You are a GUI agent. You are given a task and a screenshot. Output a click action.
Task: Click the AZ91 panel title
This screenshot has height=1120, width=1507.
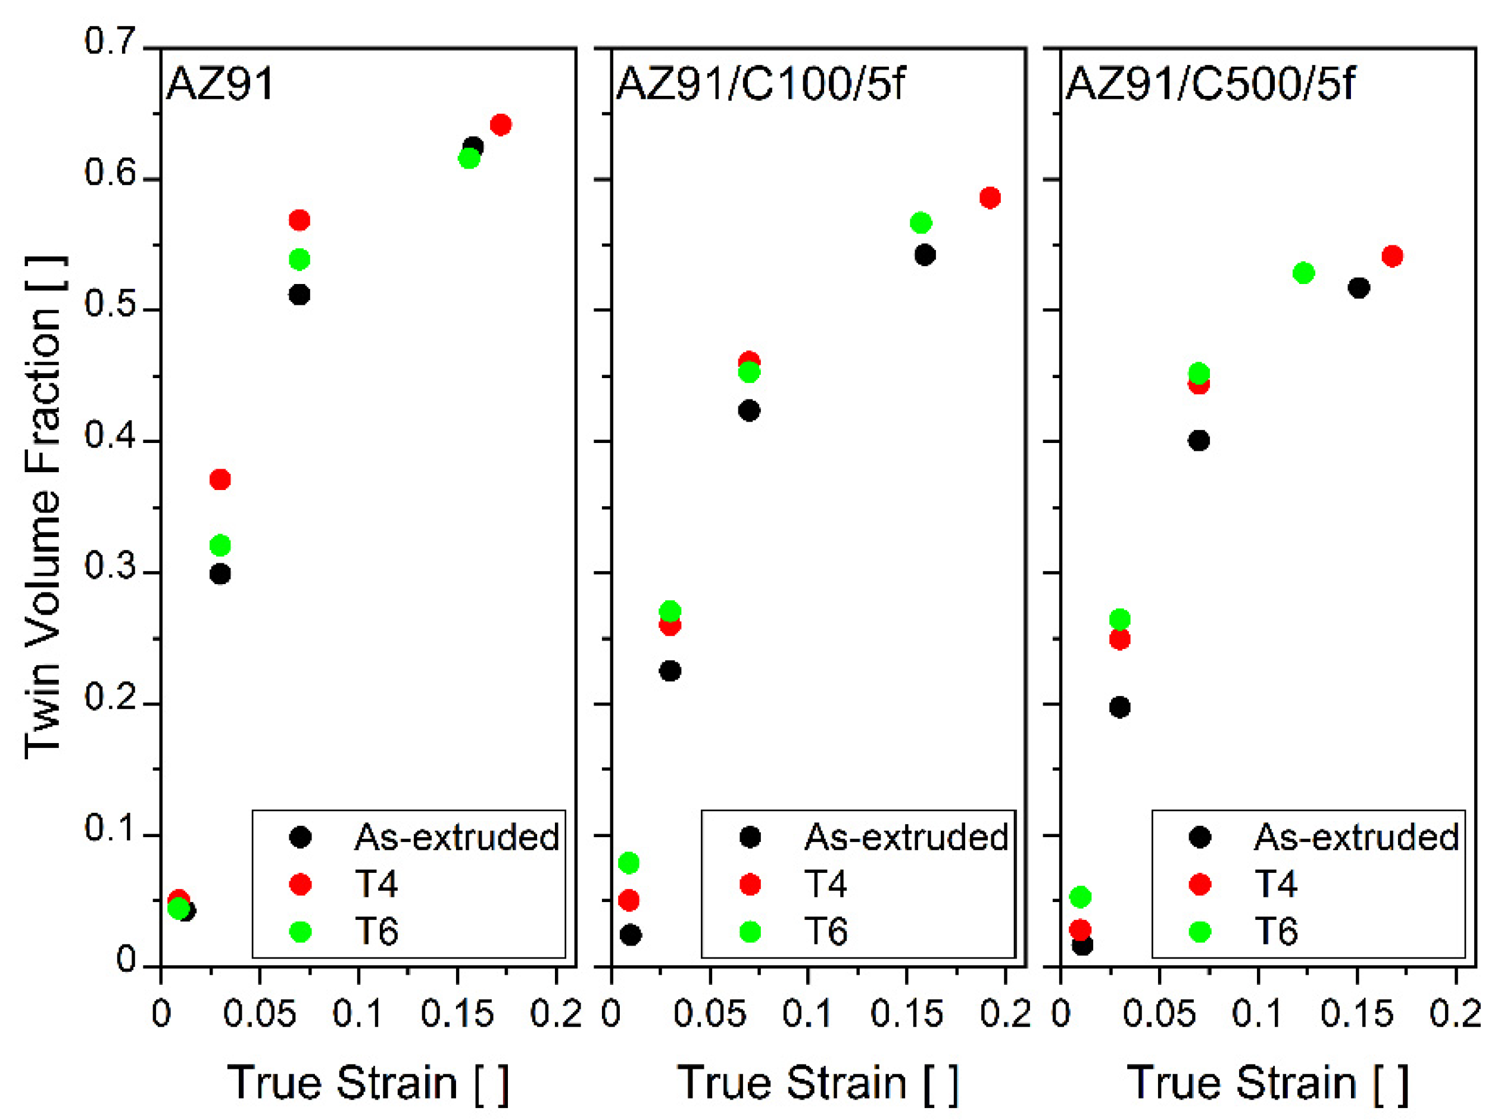pos(219,84)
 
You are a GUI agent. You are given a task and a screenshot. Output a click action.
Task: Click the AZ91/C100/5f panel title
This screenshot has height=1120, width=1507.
pos(760,84)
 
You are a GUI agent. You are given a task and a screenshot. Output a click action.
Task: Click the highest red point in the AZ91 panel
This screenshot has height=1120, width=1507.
pos(500,125)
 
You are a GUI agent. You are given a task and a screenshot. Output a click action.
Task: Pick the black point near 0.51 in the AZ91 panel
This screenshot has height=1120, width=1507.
pos(299,295)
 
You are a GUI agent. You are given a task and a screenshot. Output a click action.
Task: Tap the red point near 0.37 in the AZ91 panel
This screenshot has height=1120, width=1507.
pos(220,480)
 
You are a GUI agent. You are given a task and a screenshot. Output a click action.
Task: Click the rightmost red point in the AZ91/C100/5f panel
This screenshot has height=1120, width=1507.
pos(990,198)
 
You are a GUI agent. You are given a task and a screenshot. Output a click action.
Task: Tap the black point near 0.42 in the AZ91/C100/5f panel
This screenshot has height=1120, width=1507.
pos(748,411)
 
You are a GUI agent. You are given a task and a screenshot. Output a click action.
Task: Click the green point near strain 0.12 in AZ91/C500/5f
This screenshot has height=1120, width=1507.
pos(1303,273)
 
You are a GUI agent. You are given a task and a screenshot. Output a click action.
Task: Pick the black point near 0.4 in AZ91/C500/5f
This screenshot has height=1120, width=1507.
pos(1199,441)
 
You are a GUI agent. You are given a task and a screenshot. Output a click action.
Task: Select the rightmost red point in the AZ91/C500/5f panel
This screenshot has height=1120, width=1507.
pos(1391,256)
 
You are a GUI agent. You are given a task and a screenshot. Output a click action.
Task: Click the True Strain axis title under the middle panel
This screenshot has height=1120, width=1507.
pos(817,1082)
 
